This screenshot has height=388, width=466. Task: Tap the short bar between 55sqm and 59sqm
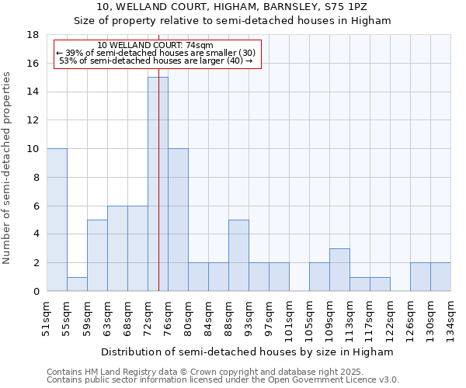tap(77, 284)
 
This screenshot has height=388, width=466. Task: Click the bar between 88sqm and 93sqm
tap(238, 255)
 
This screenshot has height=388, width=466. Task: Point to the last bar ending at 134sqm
tap(440, 277)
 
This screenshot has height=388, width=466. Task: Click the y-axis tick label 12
tap(33, 120)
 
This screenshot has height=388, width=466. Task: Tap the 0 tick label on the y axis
tap(37, 291)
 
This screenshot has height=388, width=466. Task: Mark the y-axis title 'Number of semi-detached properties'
tap(8, 168)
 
